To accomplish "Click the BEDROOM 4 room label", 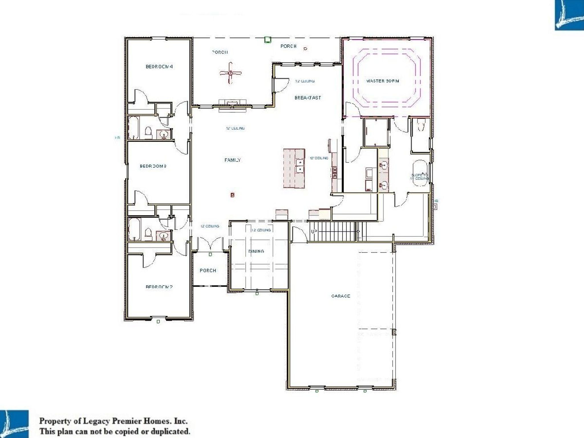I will tap(159, 67).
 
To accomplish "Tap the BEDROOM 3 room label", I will tap(153, 166).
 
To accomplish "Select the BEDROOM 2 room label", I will tap(159, 287).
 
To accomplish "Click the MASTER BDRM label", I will tap(382, 81).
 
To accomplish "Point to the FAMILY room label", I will tap(232, 160).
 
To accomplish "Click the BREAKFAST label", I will tap(308, 98).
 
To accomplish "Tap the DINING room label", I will tap(256, 251).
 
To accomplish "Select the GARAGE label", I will tap(340, 296).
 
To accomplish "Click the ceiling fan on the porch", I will tap(230, 73).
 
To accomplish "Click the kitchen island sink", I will tap(299, 166).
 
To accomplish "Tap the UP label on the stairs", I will tap(314, 232).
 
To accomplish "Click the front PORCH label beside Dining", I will tap(208, 270).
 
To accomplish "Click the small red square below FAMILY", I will tap(232, 195).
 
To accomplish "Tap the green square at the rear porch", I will tap(267, 40).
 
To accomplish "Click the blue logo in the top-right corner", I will tap(569, 15).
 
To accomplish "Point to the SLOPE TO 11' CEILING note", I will tap(419, 177).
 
